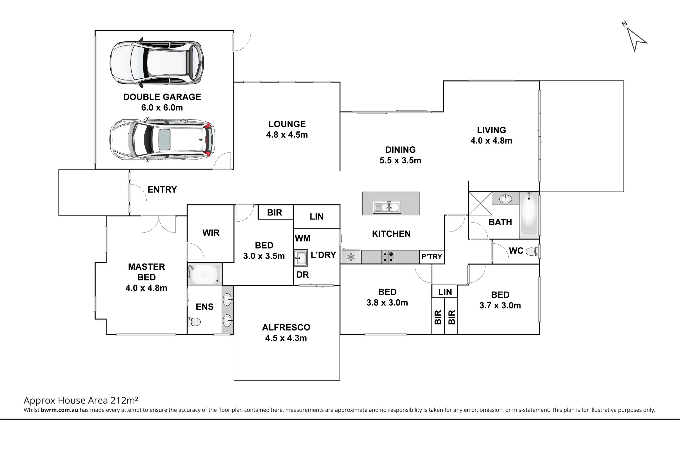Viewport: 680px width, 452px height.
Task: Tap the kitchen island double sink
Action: tap(387, 207)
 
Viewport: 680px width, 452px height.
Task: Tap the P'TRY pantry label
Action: tap(431, 256)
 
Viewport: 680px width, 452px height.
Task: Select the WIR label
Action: tap(211, 233)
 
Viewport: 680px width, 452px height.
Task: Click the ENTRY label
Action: tap(162, 190)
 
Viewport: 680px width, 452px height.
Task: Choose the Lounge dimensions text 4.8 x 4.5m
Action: tap(287, 135)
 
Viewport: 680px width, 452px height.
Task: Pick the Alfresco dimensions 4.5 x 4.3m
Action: tap(286, 338)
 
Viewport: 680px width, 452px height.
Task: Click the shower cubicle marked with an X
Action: tap(480, 203)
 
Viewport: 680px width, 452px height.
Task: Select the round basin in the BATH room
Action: tap(505, 199)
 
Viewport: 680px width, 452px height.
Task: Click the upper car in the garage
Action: tap(157, 63)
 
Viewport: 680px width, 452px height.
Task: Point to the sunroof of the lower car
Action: tap(164, 140)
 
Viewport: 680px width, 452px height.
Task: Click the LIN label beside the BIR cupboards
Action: tap(445, 292)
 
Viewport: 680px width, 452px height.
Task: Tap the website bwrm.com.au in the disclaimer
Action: tap(59, 410)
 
